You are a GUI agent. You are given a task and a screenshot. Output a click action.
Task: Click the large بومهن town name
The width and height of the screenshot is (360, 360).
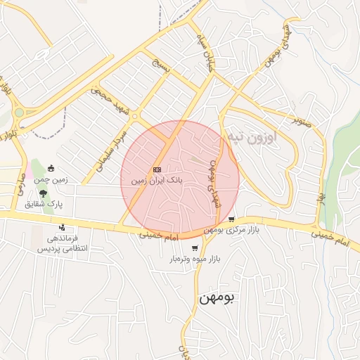pyautogui.click(x=219, y=297)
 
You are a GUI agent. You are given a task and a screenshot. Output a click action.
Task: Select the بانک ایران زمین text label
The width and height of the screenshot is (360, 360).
pyautogui.click(x=156, y=181)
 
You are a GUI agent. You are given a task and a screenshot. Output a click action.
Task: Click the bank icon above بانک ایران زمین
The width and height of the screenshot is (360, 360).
pyautogui.click(x=157, y=169)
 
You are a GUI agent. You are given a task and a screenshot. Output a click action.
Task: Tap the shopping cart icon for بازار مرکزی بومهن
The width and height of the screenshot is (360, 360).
pyautogui.click(x=231, y=219)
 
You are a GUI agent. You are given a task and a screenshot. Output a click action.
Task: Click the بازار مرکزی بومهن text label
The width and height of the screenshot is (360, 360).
pyautogui.click(x=232, y=231)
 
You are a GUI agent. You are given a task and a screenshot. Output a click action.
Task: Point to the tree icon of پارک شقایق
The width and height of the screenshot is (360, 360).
pyautogui.click(x=44, y=193)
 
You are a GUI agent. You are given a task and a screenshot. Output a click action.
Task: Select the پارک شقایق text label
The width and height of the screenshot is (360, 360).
pyautogui.click(x=44, y=204)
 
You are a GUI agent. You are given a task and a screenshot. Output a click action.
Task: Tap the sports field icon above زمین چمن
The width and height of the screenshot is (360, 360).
pyautogui.click(x=51, y=168)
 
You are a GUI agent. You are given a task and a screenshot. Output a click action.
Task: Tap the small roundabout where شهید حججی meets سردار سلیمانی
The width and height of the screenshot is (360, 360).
pyautogui.click(x=134, y=116)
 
